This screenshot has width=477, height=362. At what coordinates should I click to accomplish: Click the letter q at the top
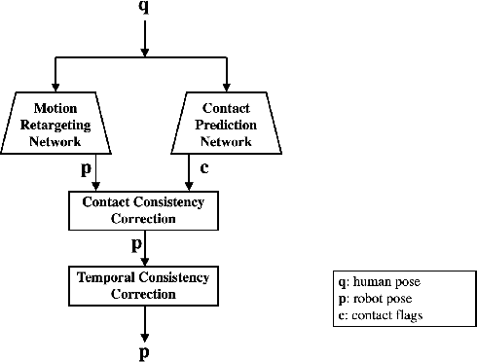pos(144,8)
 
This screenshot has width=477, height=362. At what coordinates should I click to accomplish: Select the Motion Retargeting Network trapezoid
pos(63,124)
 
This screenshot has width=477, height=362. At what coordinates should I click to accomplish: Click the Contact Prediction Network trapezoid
pos(226,124)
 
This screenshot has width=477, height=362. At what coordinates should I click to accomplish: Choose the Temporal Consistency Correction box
pos(143,285)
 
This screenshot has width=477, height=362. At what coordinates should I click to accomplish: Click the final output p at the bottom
pos(144,352)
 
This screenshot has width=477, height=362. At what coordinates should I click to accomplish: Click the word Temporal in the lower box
pos(104,278)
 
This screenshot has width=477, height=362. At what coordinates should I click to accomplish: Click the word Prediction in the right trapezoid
pos(226,124)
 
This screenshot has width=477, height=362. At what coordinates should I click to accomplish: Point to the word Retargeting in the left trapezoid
pos(63,124)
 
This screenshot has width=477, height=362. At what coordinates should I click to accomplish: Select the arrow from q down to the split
pos(144,37)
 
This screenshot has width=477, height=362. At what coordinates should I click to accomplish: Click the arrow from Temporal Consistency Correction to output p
pos(144,322)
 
